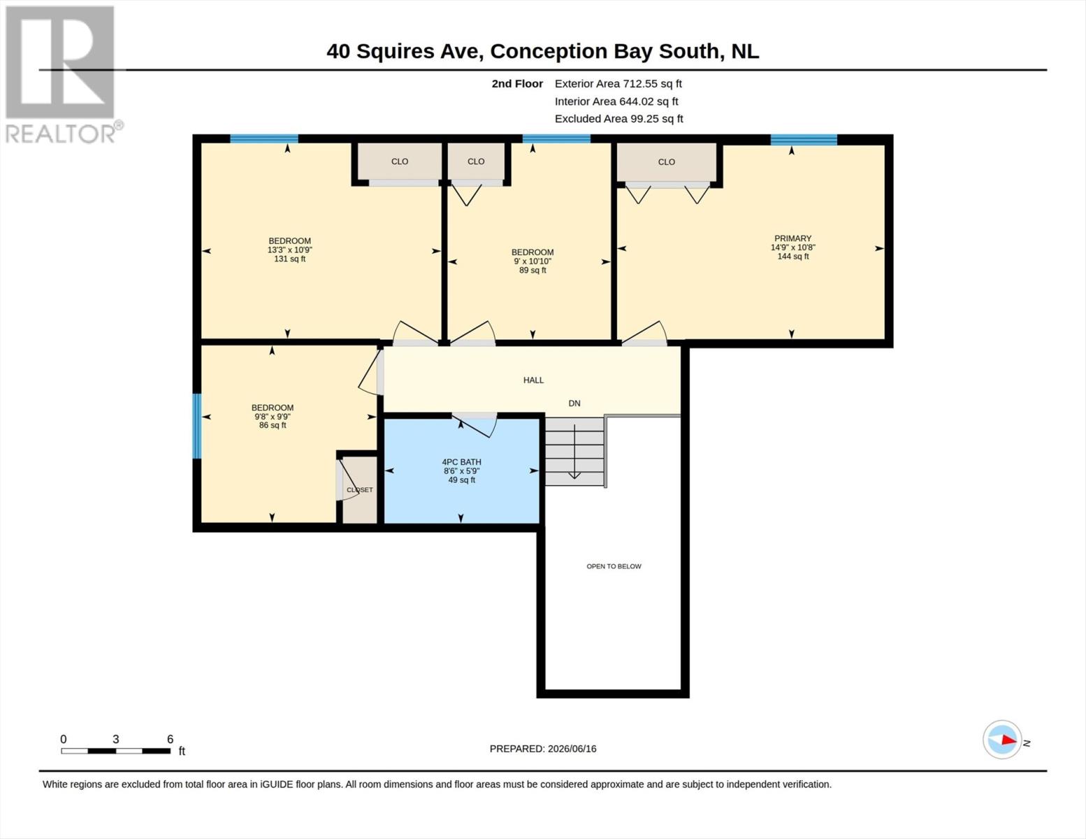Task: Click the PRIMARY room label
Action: (792, 238)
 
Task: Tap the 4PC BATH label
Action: (461, 462)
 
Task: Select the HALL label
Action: (533, 380)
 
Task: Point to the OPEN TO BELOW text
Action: (614, 566)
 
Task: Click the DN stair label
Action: (574, 403)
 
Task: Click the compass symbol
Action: (1002, 740)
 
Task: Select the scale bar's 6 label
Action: (170, 739)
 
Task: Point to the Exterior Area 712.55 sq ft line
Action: (618, 83)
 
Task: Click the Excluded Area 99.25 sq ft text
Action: (618, 118)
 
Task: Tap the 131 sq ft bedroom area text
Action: (290, 259)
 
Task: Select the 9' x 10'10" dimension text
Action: (533, 261)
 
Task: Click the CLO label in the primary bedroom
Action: (666, 162)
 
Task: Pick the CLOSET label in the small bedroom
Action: (360, 490)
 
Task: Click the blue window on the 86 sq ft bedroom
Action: (197, 426)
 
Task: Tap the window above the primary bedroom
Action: (804, 140)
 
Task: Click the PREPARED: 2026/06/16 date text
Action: (543, 749)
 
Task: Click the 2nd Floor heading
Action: (517, 83)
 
